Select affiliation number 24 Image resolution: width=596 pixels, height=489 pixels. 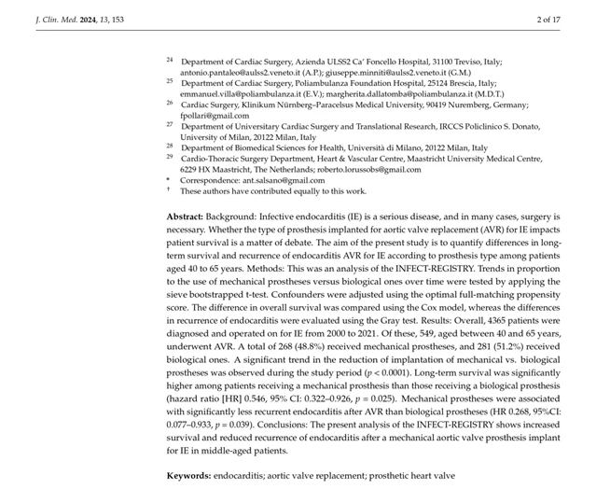click(x=170, y=60)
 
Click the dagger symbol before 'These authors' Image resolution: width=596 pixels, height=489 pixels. click(x=169, y=189)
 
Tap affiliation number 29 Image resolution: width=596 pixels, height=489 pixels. click(x=170, y=157)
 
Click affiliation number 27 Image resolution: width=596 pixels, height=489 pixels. click(x=170, y=123)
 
